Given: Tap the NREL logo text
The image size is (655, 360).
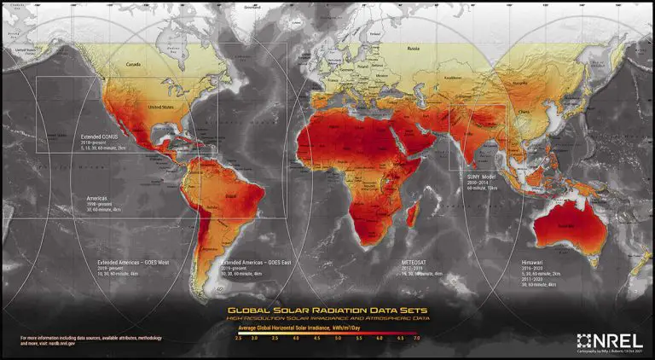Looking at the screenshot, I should [x=610, y=339].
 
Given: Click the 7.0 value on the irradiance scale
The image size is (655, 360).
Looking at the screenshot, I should [x=416, y=339].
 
